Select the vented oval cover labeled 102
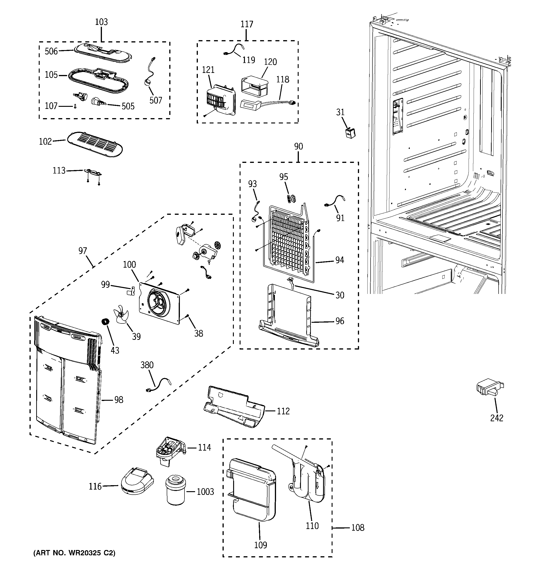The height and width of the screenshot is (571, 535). [x=95, y=145]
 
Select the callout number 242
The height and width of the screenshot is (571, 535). [x=496, y=418]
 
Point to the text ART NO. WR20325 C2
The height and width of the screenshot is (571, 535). [x=74, y=553]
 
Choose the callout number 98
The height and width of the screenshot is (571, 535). [x=119, y=400]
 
